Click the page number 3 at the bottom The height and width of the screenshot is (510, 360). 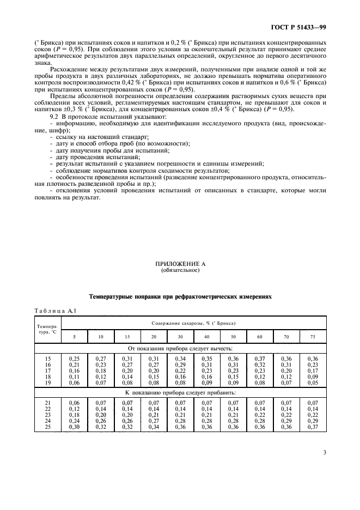tap(325, 452)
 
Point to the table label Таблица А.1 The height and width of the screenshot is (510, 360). tap(50, 310)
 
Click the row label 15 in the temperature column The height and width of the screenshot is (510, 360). tap(48, 358)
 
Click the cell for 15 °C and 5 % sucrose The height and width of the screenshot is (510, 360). tap(74, 358)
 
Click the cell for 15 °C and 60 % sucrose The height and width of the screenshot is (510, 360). tap(260, 358)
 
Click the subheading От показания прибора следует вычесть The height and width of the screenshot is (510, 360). tap(180, 348)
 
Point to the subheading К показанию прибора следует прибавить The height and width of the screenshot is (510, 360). tap(180, 392)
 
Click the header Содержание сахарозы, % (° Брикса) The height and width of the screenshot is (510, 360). tap(193, 323)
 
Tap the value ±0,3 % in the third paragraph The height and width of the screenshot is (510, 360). tap(83, 109)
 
